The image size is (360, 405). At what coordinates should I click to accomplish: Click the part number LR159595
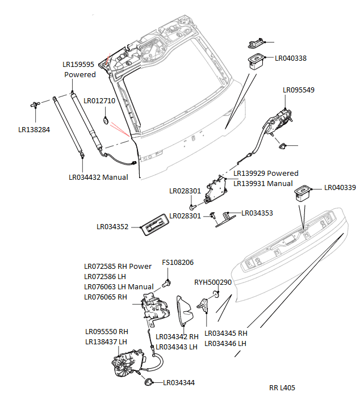click(x=78, y=65)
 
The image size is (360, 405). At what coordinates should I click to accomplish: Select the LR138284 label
click(x=34, y=130)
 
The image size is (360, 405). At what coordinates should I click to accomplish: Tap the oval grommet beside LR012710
click(x=106, y=120)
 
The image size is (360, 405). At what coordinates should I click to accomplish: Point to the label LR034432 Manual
click(x=98, y=177)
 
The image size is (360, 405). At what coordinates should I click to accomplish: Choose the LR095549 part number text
click(x=299, y=90)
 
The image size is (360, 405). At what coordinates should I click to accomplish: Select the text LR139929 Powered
click(x=266, y=173)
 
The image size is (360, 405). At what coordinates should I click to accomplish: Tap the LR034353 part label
click(x=257, y=213)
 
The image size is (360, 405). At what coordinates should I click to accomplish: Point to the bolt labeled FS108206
click(x=168, y=281)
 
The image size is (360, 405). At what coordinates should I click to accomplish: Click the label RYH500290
click(x=213, y=282)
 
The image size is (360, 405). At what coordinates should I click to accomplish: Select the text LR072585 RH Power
click(x=118, y=266)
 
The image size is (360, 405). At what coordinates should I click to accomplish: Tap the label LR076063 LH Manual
click(x=119, y=286)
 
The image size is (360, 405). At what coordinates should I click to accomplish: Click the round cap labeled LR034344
click(x=149, y=382)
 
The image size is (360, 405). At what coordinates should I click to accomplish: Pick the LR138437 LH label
click(x=106, y=341)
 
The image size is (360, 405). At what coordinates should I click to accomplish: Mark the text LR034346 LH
click(x=226, y=343)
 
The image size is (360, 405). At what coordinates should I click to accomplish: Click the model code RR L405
click(x=282, y=389)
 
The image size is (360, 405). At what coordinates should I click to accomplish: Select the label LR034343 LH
click(x=176, y=347)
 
